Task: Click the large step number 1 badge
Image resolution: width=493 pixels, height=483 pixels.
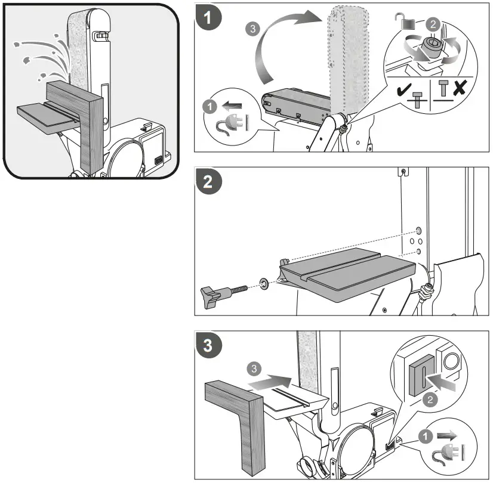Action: tap(208, 17)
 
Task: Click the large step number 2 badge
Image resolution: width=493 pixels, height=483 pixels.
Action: tap(208, 181)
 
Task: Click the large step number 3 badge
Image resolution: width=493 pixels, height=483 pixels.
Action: tap(208, 345)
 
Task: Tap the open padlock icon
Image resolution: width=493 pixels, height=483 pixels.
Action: tap(405, 21)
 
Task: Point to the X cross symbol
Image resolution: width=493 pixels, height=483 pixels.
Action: tap(460, 87)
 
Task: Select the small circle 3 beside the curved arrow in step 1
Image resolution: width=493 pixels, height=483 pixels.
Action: tap(253, 29)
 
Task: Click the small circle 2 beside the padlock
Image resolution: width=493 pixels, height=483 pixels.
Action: tap(433, 24)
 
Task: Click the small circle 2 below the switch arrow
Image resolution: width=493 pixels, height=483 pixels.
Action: tap(430, 400)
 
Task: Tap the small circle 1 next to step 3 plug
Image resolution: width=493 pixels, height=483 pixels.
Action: tap(426, 436)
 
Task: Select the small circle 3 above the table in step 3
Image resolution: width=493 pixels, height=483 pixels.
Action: tap(254, 369)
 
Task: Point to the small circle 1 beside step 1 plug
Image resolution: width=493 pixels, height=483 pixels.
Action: tap(209, 107)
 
